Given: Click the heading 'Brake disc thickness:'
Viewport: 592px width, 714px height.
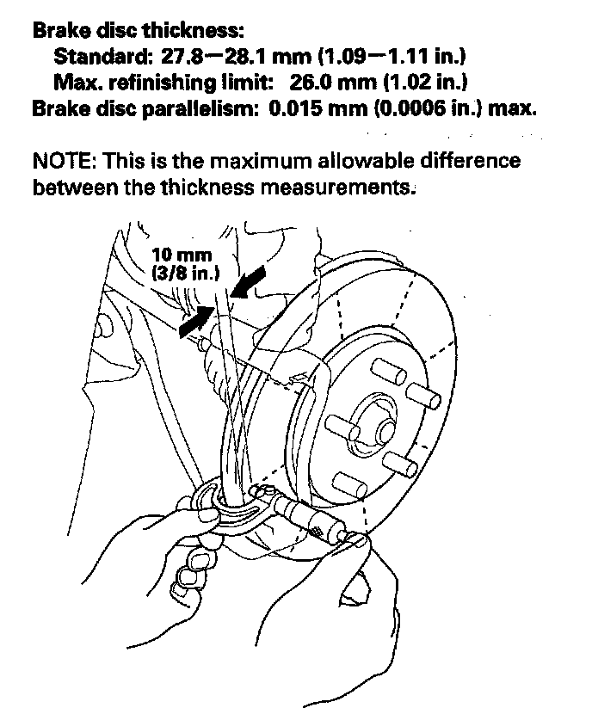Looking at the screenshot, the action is tap(139, 31).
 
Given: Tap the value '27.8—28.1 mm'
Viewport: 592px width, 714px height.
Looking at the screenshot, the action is tap(214, 58).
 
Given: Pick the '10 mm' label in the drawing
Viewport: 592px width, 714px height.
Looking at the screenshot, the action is tap(182, 255).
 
